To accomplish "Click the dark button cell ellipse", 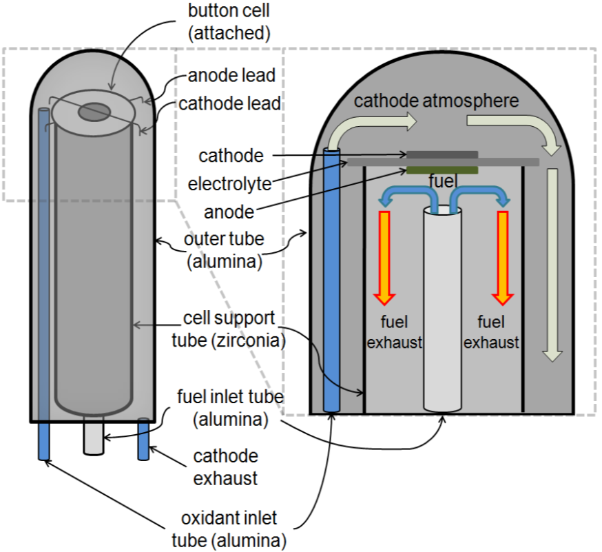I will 94,111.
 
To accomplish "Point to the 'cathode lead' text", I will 229,103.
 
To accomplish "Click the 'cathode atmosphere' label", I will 436,101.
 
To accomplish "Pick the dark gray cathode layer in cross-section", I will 442,154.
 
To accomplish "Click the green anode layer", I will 442,170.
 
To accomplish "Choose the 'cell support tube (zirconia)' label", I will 229,329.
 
